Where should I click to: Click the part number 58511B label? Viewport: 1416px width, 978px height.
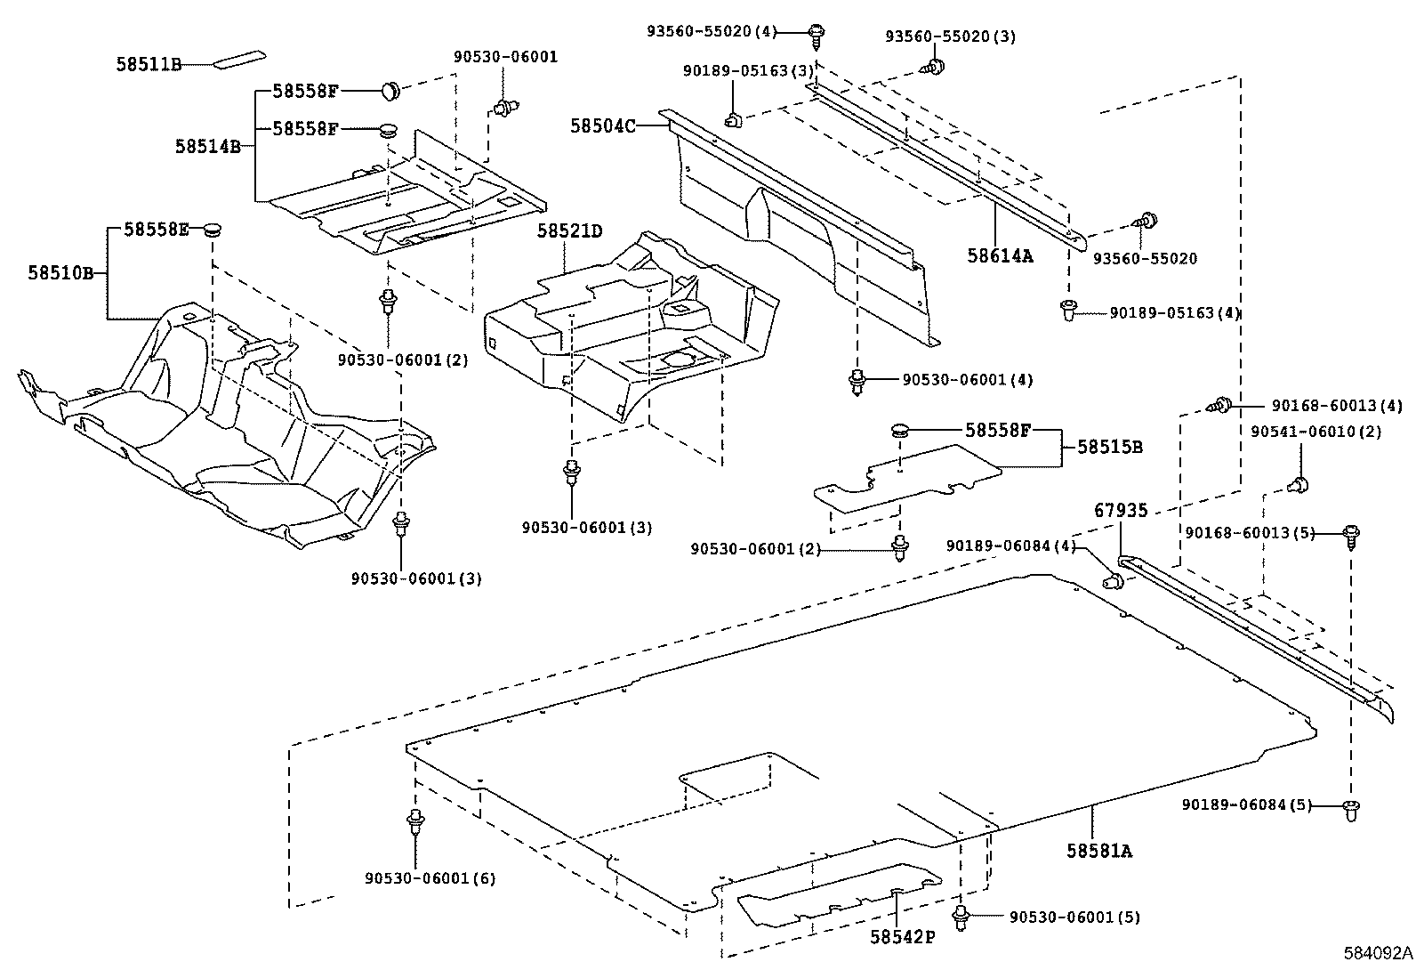coord(149,64)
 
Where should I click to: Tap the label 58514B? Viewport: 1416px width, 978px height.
coord(208,147)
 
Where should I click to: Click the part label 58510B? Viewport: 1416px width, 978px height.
coord(60,273)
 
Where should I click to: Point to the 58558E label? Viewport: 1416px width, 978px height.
coord(157,230)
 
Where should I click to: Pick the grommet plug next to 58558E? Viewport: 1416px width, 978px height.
coord(211,230)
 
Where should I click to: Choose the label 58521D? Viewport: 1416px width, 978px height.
coord(569,232)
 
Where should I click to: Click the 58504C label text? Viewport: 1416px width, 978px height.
coord(602,126)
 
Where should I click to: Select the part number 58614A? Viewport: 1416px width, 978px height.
coord(1001,256)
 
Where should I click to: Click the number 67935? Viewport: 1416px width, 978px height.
coord(1121,511)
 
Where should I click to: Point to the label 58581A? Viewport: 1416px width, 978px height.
coord(1099,851)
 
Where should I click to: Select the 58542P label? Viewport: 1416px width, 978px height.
coord(903,937)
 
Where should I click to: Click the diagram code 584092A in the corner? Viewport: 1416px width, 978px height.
coord(1377,953)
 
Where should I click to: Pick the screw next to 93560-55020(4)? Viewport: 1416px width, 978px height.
coord(816,34)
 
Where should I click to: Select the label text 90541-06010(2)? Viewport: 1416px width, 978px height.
coord(1315,432)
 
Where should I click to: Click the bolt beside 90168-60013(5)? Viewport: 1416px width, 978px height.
coord(1351,536)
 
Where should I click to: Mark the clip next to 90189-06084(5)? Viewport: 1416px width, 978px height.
coord(1351,809)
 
